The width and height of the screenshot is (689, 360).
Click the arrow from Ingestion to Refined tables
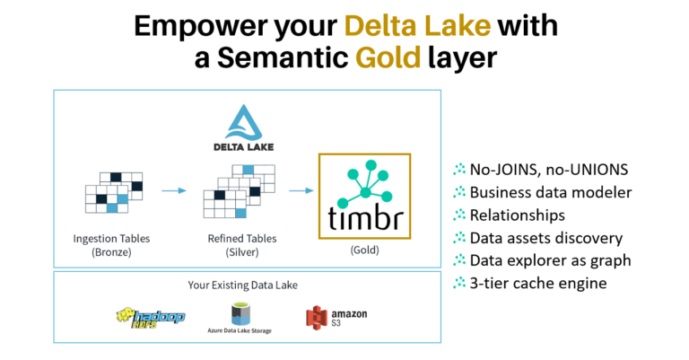tap(174, 190)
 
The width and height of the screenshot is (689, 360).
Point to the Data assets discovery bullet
tap(545, 238)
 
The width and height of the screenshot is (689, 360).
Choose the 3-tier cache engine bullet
tap(535, 285)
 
